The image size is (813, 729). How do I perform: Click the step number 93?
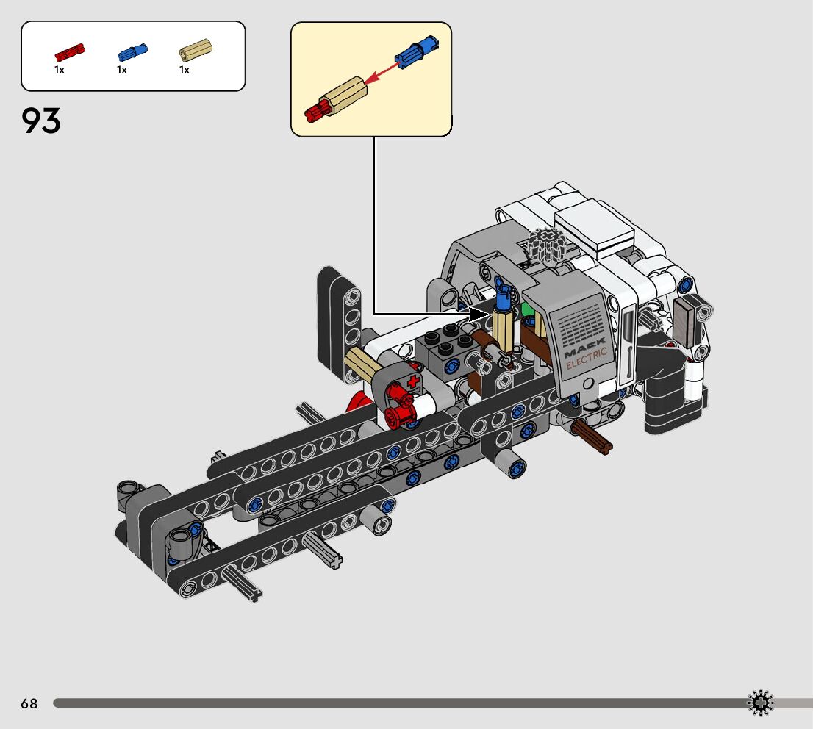click(41, 121)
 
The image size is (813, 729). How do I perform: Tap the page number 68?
click(29, 703)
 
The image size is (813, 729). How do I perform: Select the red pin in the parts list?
click(70, 52)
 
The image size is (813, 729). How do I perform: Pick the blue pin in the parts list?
click(132, 52)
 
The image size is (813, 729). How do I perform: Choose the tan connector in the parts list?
click(196, 50)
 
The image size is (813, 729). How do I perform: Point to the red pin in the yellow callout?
click(315, 111)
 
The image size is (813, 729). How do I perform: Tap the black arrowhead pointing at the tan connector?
click(478, 314)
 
